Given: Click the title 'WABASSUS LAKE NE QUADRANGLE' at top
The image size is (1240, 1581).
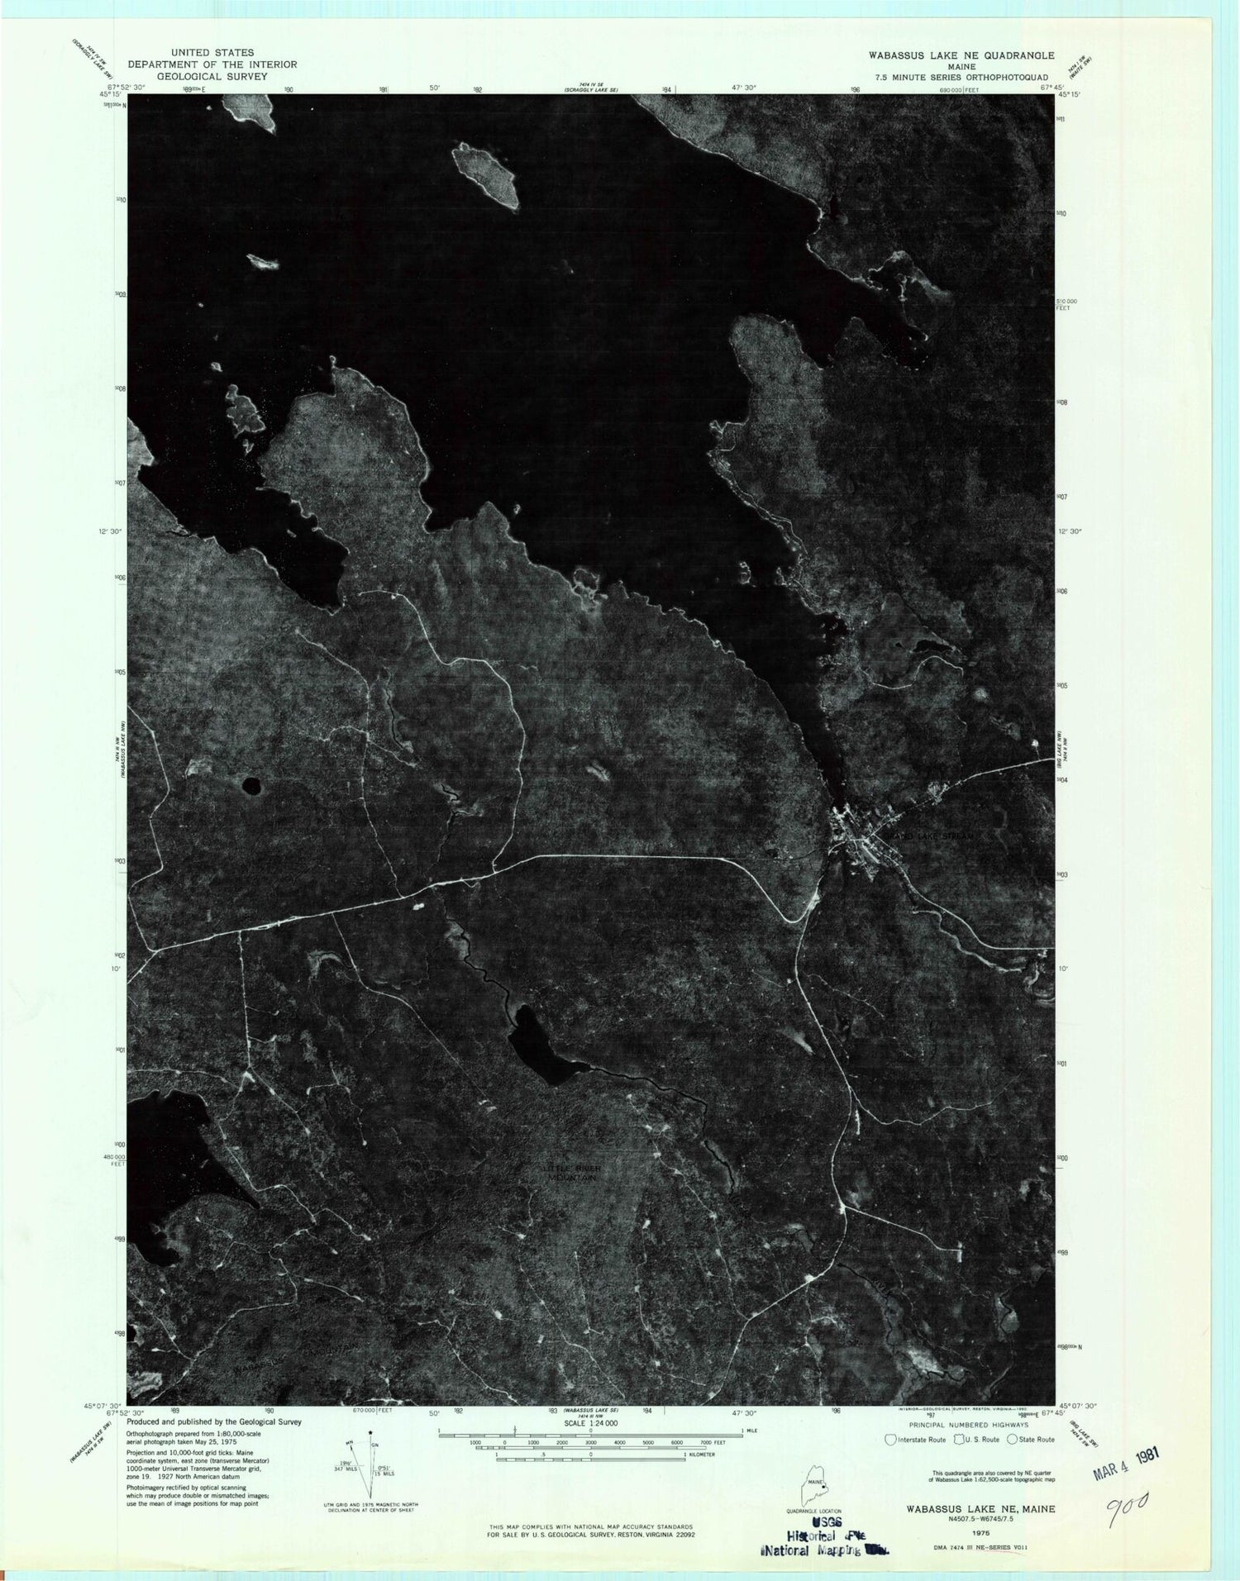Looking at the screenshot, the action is pos(949,55).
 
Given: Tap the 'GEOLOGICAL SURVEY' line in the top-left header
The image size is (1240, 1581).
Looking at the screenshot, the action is pos(212,75).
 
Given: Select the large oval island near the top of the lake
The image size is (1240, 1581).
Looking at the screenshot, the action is pos(486,176).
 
